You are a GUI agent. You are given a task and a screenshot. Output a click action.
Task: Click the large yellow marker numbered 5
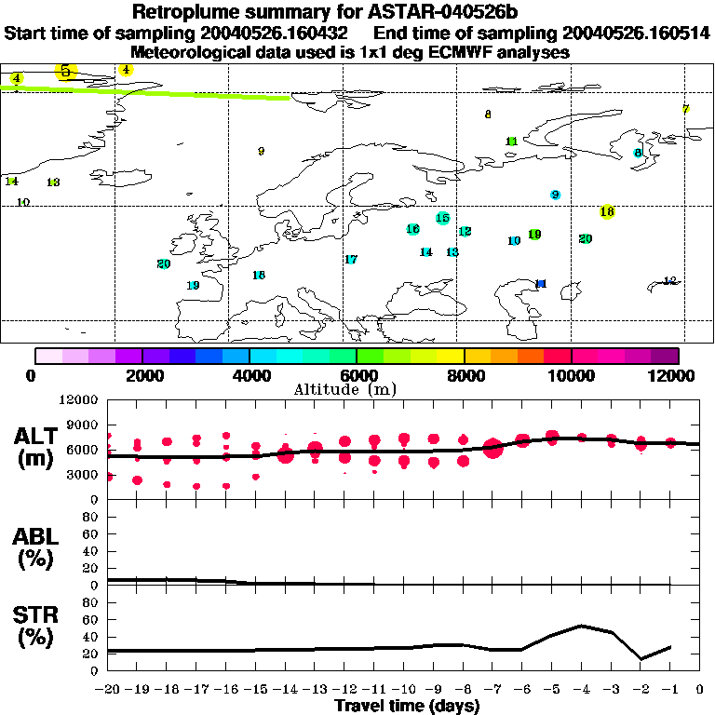point(65,71)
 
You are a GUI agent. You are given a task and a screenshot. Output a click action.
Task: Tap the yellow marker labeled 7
point(685,109)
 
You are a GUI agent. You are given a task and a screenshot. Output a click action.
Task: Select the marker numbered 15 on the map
point(442,218)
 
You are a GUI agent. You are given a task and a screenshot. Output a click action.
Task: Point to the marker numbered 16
point(412,229)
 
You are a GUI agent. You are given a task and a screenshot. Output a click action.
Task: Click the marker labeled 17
point(351,260)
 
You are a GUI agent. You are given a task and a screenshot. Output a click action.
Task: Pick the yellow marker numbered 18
point(607,212)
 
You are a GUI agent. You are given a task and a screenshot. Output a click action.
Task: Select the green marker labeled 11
point(511,142)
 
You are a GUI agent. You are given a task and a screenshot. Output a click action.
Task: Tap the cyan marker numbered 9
point(555,195)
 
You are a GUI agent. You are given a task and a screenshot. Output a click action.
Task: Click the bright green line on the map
point(186,93)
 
